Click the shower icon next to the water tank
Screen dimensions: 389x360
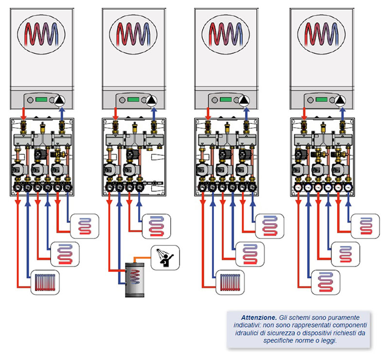(165, 257)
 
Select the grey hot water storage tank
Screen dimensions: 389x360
(135, 279)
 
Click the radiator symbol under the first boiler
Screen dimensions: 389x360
(45, 282)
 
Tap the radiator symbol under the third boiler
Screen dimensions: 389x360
(230, 282)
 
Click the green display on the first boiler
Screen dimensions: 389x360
(41, 100)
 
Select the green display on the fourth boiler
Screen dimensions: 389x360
(321, 100)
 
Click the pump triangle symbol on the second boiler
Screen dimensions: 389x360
(152, 100)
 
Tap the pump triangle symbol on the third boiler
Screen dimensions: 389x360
(245, 100)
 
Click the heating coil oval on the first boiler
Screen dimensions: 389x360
(41, 34)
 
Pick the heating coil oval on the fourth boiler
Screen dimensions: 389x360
(321, 34)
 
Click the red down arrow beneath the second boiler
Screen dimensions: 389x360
(115, 114)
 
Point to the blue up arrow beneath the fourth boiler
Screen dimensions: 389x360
(343, 114)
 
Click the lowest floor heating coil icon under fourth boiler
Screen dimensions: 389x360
(325, 282)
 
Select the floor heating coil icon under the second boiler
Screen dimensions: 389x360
(157, 226)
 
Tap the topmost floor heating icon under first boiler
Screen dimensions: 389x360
(85, 226)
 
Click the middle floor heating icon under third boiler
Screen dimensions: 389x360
(250, 254)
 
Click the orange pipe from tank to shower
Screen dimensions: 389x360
(142, 258)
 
